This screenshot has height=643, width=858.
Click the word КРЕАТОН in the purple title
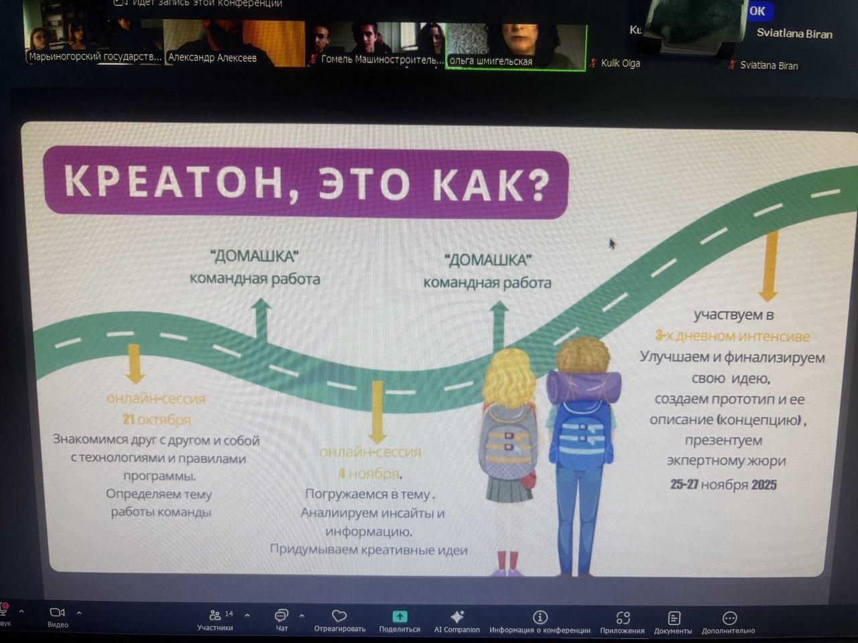[174, 183]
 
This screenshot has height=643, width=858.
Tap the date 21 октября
[156, 420]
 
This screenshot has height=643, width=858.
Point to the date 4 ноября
[369, 474]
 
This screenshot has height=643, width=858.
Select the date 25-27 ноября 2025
[723, 484]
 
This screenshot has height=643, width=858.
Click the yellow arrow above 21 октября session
[135, 364]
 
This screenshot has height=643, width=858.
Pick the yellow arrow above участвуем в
[769, 267]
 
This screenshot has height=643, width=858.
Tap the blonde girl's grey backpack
[508, 442]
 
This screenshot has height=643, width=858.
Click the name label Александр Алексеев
[212, 58]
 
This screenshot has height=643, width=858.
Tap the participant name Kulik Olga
[620, 63]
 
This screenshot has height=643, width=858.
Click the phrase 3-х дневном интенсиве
[732, 336]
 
